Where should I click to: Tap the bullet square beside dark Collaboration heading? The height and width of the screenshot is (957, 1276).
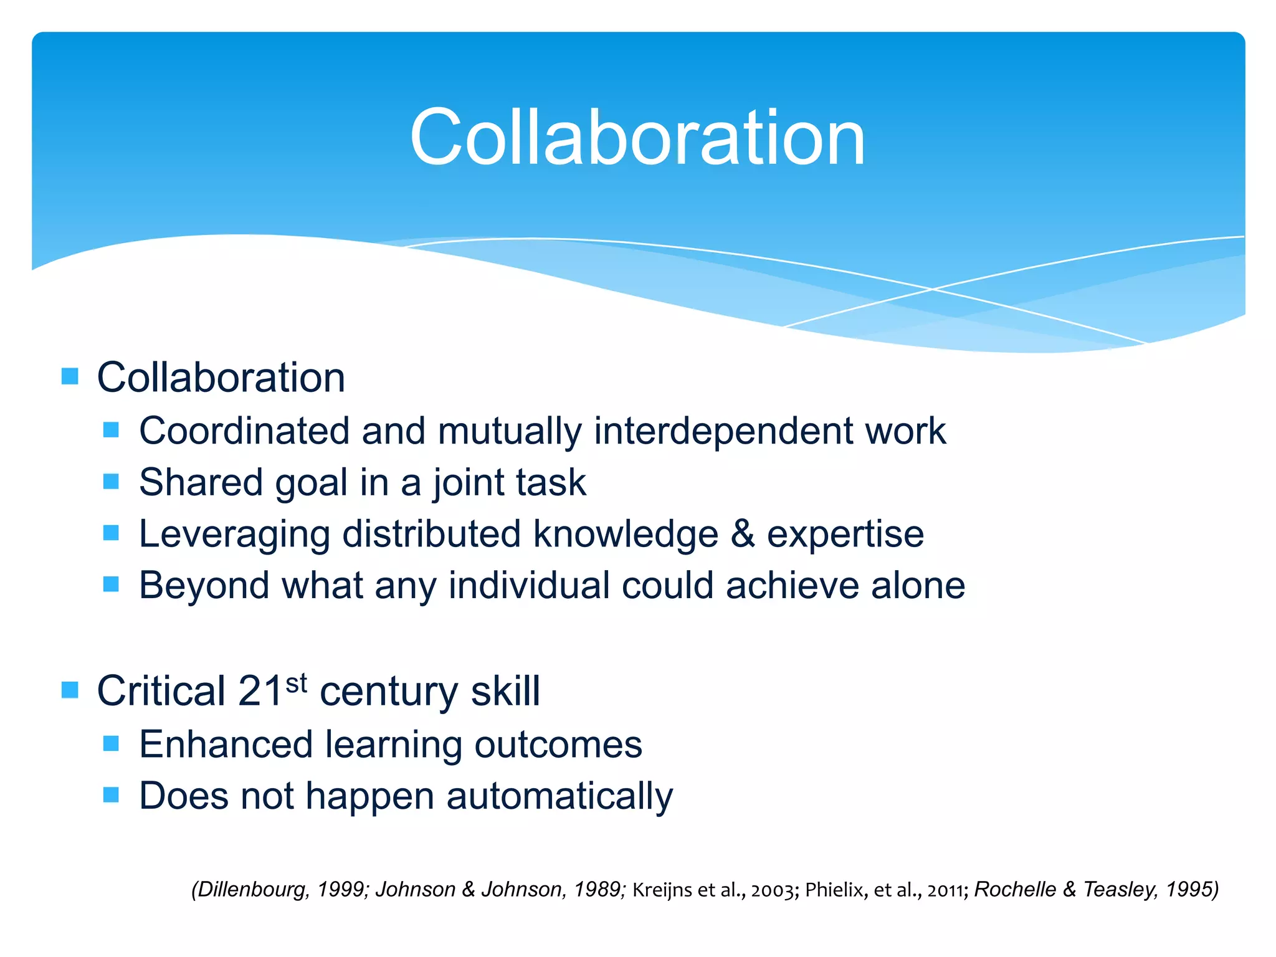[70, 376]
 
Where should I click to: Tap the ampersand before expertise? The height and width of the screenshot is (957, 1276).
[743, 535]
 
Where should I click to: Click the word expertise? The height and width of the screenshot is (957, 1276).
[845, 535]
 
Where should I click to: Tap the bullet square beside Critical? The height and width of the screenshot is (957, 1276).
[70, 690]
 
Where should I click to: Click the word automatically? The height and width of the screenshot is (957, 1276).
[559, 797]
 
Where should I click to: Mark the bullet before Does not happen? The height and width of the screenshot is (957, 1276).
[111, 794]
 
